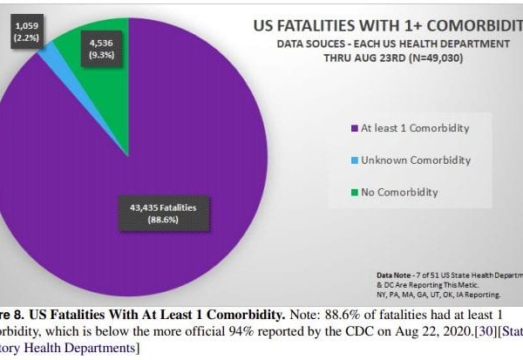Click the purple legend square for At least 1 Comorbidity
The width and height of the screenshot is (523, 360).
coord(354,128)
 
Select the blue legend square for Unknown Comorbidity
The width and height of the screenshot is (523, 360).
coord(354,160)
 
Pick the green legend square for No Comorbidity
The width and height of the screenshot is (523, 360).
coord(354,192)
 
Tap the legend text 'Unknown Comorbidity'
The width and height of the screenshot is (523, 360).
coord(415,160)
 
